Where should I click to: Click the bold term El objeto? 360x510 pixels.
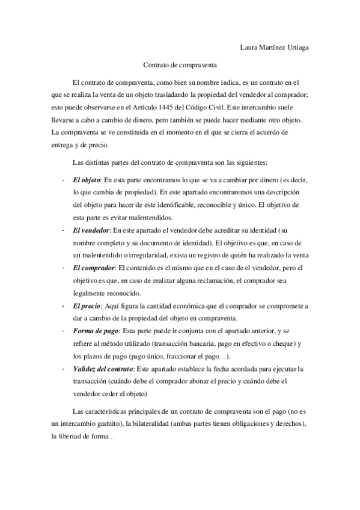pyautogui.click(x=86, y=179)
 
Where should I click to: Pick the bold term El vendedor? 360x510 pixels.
pyautogui.click(x=91, y=230)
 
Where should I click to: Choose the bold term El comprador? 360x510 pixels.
pyautogui.click(x=93, y=268)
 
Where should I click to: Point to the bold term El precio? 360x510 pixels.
pyautogui.click(x=86, y=306)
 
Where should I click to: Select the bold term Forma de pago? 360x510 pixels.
pyautogui.click(x=95, y=331)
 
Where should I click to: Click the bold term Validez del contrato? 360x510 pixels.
pyautogui.click(x=103, y=368)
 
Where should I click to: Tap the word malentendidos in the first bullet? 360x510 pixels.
pyautogui.click(x=144, y=217)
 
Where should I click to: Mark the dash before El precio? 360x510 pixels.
pyautogui.click(x=63, y=306)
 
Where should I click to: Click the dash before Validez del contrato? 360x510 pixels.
pyautogui.click(x=63, y=368)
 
